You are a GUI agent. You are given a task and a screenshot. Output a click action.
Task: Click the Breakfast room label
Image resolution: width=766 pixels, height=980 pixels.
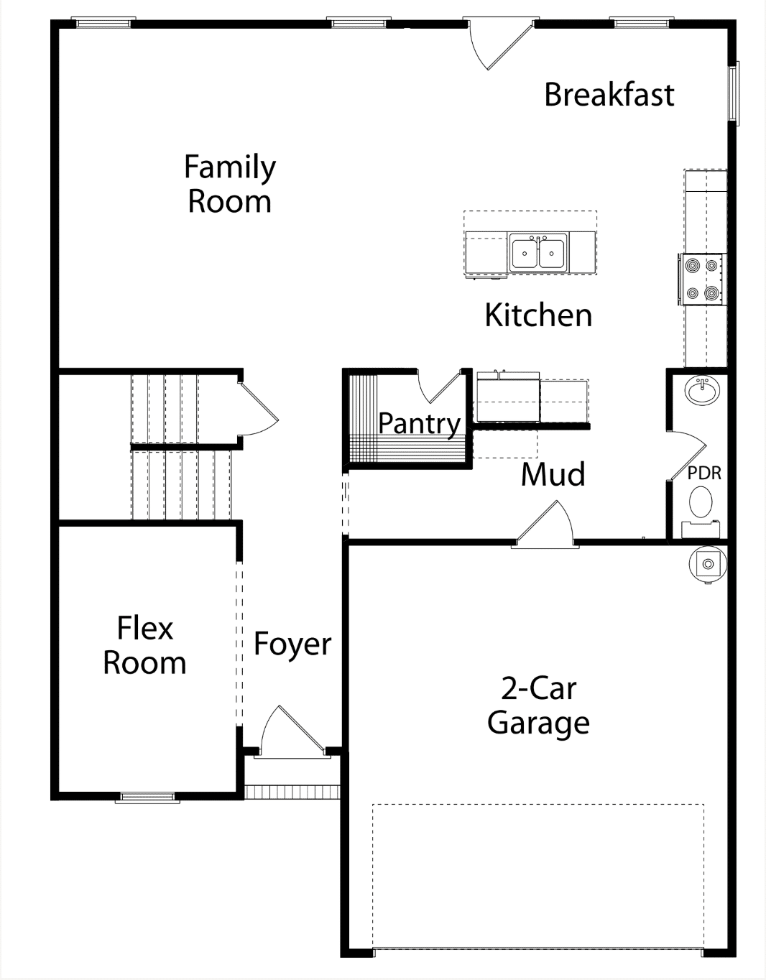point(609,95)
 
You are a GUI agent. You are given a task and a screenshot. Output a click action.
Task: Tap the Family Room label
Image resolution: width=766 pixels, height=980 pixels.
point(230,184)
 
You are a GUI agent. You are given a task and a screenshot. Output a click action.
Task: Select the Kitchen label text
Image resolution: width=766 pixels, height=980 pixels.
point(538,315)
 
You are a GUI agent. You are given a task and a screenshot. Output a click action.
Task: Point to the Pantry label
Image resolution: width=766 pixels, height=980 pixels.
point(420,424)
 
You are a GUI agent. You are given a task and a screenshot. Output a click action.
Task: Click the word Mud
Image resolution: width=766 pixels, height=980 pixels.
point(553,474)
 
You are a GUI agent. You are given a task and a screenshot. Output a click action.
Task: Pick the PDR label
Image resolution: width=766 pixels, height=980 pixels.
point(704,473)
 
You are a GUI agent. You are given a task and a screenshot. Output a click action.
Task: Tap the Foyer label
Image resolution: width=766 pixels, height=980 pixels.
point(292,644)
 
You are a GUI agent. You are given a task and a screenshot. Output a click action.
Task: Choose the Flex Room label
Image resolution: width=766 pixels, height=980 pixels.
point(144,645)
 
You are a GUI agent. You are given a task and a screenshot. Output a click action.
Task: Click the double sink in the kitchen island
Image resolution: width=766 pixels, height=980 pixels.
point(538,253)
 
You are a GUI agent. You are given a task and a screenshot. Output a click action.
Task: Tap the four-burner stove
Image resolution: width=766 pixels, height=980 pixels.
point(701,279)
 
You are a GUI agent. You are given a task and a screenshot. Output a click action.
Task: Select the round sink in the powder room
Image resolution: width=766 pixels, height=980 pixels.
point(702,391)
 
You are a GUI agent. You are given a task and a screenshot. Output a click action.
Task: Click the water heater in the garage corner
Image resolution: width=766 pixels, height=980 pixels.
point(708,564)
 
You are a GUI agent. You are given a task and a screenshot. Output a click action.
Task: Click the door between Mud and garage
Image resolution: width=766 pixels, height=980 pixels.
point(545,524)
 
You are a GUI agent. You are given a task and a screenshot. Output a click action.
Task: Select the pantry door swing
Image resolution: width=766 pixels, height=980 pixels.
point(439,386)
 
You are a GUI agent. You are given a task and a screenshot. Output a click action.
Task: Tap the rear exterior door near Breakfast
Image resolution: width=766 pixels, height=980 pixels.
point(500,44)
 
